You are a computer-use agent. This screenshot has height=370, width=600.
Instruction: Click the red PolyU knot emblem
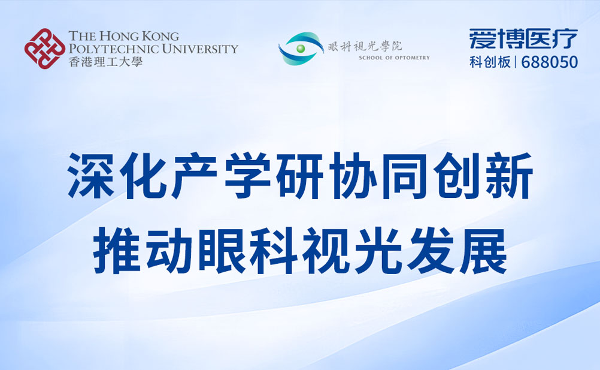44,48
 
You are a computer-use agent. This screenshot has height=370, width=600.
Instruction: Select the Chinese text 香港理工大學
105,61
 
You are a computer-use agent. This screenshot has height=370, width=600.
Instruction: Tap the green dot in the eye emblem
301,48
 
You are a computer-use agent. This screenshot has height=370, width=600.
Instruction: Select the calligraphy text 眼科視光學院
370,46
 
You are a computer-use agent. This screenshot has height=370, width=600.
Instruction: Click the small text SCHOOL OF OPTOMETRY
394,58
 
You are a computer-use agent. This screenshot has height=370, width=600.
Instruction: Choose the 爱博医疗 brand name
523,39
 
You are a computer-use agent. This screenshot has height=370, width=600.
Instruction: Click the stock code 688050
550,62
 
